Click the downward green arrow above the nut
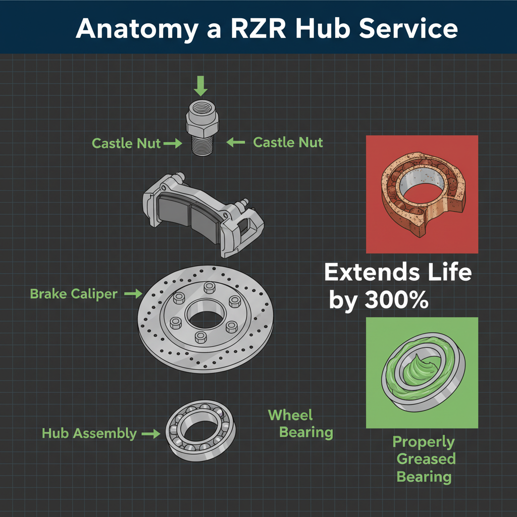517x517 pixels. [201, 86]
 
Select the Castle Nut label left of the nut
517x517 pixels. [126, 143]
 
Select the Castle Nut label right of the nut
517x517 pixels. [288, 142]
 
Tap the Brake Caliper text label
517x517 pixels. [74, 294]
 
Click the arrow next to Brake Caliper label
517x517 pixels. [133, 293]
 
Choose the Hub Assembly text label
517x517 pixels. [89, 433]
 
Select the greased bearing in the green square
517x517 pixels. [422, 371]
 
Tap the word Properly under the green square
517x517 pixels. [424, 442]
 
